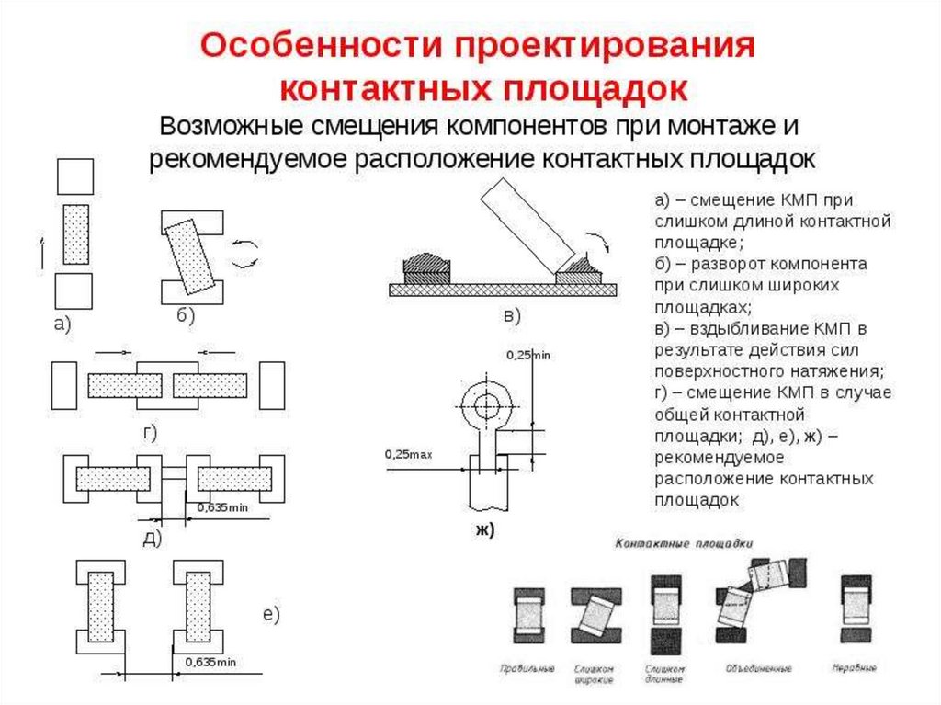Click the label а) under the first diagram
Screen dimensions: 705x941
pos(62,324)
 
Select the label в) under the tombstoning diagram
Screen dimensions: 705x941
pos(512,315)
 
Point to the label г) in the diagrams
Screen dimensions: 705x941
pos(150,432)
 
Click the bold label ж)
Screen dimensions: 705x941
pos(484,529)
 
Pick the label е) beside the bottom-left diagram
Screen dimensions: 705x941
pos(270,615)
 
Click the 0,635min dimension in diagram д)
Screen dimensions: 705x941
pos(217,507)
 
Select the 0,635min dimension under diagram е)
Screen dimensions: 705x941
pos(210,662)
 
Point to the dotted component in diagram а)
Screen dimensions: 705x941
pos(75,234)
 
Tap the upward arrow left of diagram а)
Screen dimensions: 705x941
pos(42,251)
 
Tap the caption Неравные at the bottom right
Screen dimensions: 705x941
pos(854,668)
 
